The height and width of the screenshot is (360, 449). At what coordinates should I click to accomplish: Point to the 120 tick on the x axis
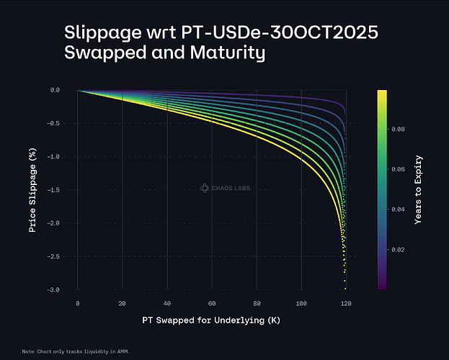point(346,303)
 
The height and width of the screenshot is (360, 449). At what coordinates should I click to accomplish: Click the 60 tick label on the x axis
point(212,303)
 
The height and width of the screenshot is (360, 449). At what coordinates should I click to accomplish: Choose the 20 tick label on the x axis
point(122,303)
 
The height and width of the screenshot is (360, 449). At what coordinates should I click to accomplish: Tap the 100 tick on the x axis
point(301,303)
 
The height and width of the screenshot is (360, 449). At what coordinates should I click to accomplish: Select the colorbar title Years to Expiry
point(419,189)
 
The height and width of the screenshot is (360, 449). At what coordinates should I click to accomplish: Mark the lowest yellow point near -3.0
point(346,288)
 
